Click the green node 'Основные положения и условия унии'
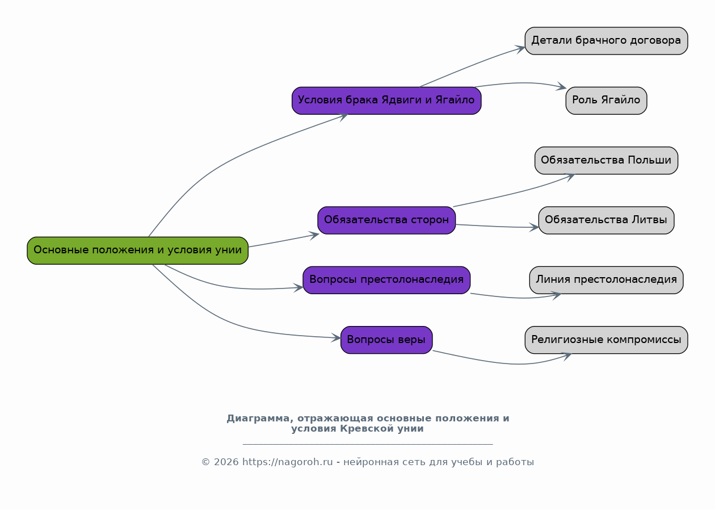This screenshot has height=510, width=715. (137, 250)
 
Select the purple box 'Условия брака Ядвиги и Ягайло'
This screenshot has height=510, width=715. (386, 101)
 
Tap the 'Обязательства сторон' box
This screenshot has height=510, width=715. (386, 220)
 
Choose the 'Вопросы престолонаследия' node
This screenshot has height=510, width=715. (386, 280)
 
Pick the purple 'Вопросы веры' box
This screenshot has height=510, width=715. (386, 340)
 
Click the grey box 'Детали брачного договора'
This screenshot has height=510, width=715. (606, 41)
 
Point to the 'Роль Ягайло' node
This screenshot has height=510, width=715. (606, 101)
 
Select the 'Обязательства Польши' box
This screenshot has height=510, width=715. (606, 160)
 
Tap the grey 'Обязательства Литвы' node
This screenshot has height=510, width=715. (606, 220)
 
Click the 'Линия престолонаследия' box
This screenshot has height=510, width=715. (606, 280)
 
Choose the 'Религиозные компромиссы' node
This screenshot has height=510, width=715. (606, 340)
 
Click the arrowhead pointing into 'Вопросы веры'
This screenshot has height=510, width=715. (337, 337)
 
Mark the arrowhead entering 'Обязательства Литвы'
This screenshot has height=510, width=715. (535, 227)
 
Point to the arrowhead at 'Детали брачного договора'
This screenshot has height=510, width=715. (520, 49)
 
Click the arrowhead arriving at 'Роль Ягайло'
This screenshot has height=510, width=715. (561, 86)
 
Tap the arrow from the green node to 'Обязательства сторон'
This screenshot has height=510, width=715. (284, 241)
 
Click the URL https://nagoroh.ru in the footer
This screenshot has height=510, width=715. (287, 462)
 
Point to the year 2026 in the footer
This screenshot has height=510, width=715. (226, 462)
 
